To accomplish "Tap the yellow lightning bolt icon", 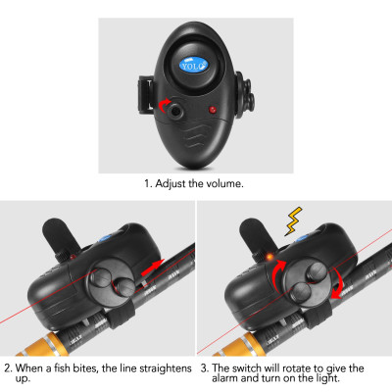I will coord(291,221).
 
